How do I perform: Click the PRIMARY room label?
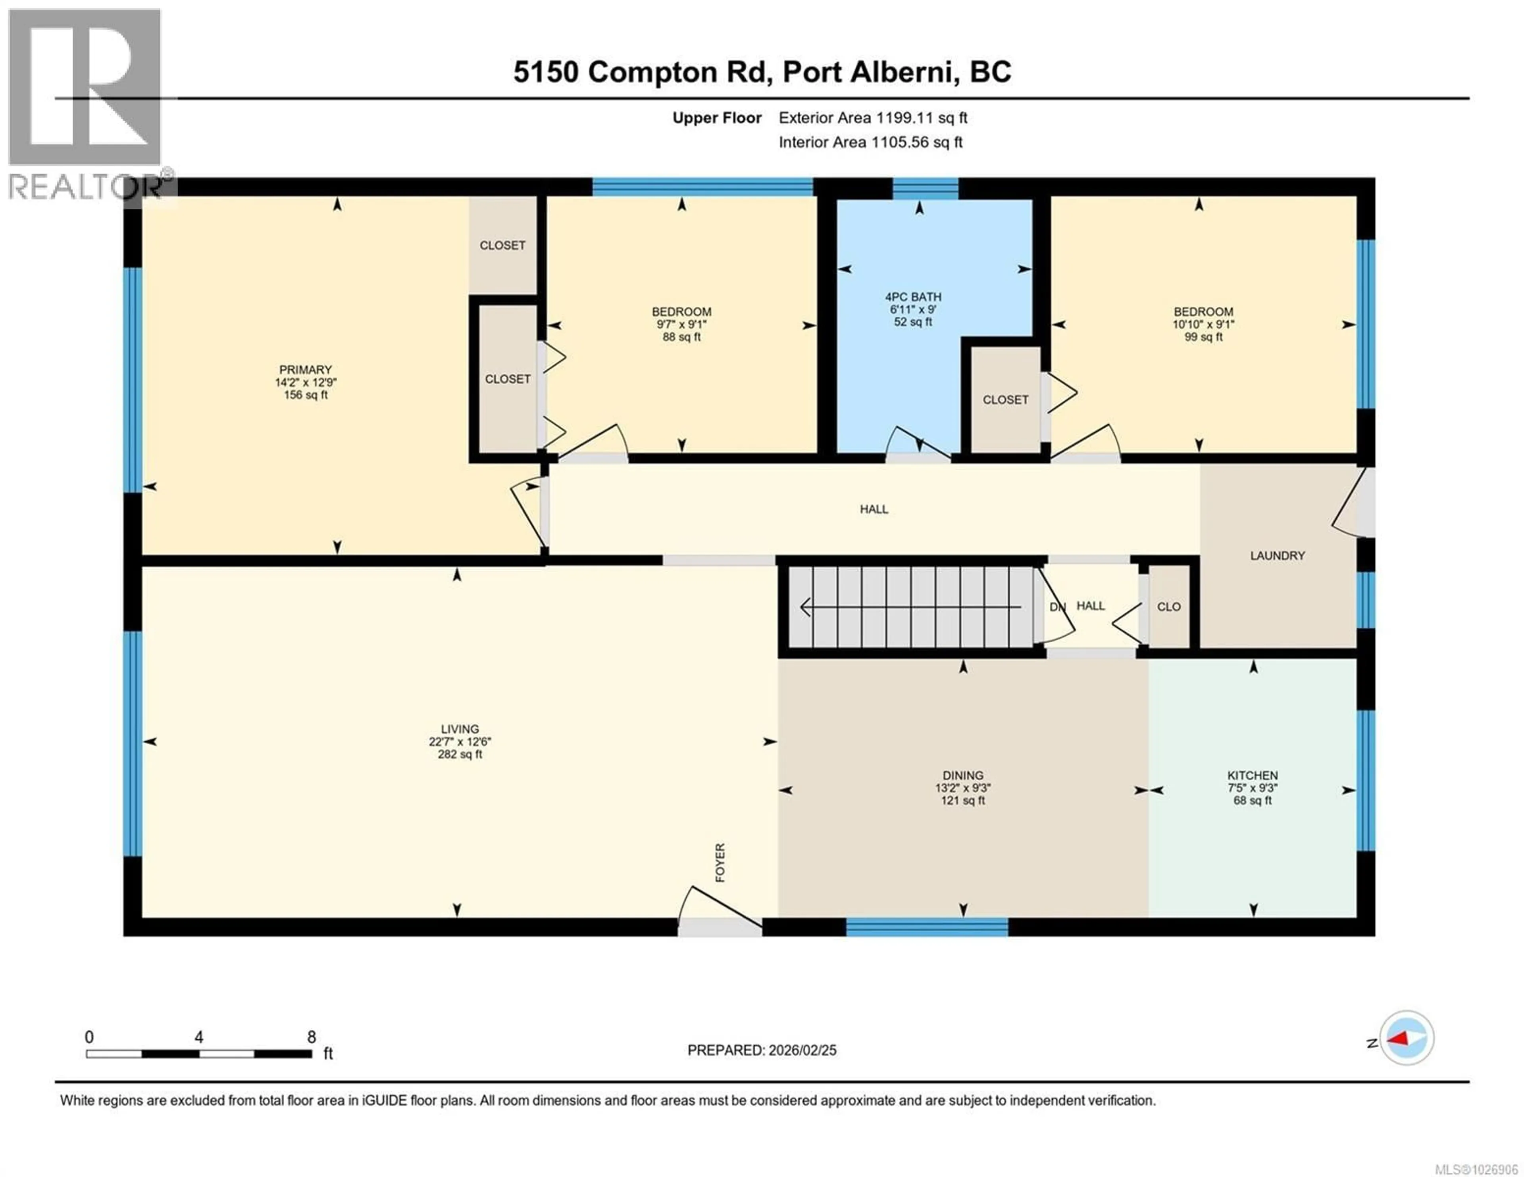coord(305,370)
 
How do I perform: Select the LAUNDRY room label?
coord(1277,556)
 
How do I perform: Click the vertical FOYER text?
coord(720,862)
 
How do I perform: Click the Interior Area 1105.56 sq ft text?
coord(870,142)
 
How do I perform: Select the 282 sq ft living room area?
coord(460,754)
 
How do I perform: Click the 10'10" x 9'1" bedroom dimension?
coord(1203,324)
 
